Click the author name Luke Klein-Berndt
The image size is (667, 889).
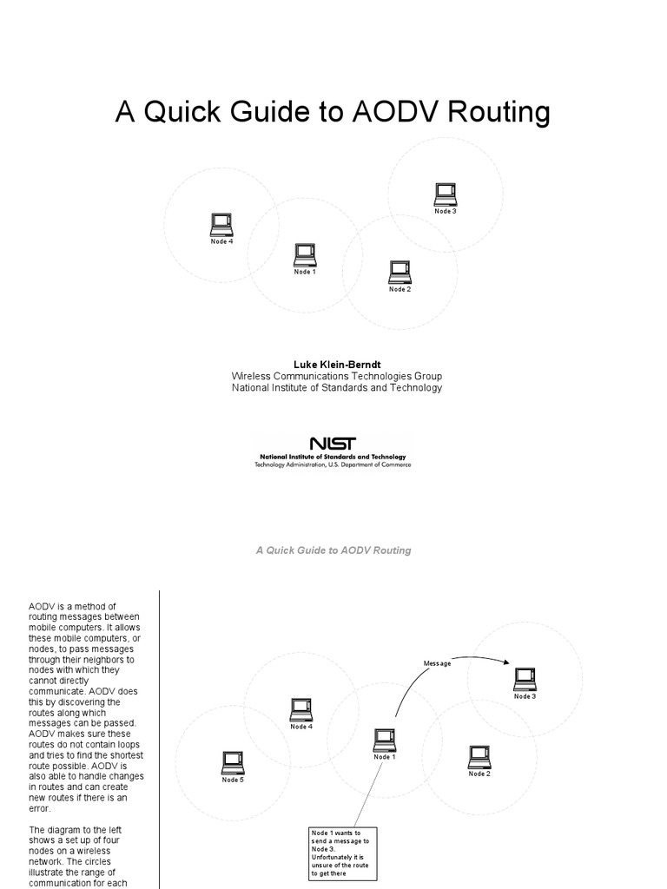336,364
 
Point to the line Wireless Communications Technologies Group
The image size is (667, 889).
336,376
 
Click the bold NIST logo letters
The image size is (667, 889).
332,444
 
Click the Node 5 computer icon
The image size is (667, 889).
232,762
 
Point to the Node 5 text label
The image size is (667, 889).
232,780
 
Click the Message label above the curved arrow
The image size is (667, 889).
437,664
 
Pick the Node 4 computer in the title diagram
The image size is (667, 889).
221,225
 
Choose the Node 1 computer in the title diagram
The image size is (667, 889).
304,255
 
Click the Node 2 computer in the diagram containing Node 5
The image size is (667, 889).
479,757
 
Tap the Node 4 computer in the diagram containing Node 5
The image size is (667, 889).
301,710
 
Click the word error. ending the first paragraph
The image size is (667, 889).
41,808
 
